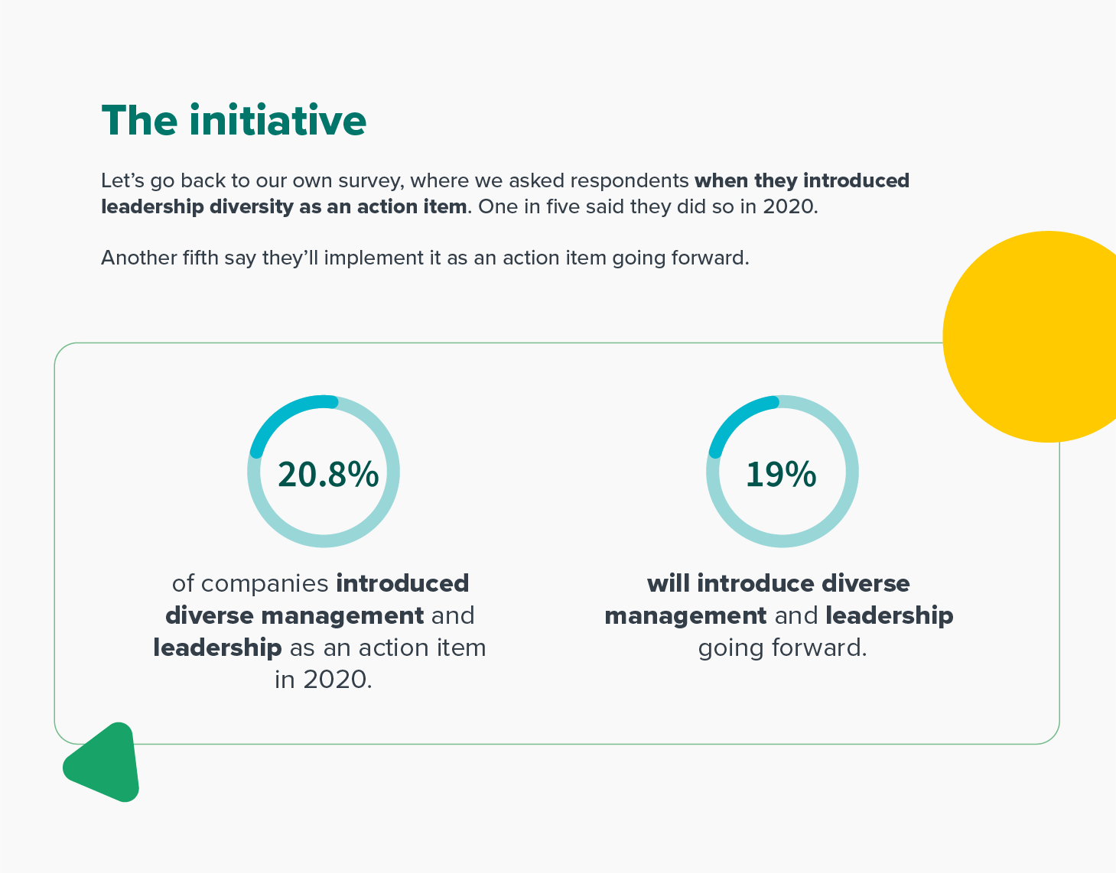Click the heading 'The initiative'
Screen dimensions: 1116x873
point(233,120)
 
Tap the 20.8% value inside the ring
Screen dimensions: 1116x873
point(328,474)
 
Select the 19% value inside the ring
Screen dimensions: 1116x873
point(781,474)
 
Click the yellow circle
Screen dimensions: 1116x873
point(1030,336)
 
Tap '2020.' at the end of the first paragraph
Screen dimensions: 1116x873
point(790,206)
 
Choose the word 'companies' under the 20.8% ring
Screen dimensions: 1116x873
point(264,584)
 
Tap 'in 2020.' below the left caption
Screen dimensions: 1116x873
point(323,680)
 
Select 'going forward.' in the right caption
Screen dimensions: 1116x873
point(783,648)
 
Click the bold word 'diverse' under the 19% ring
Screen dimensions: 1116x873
point(865,583)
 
